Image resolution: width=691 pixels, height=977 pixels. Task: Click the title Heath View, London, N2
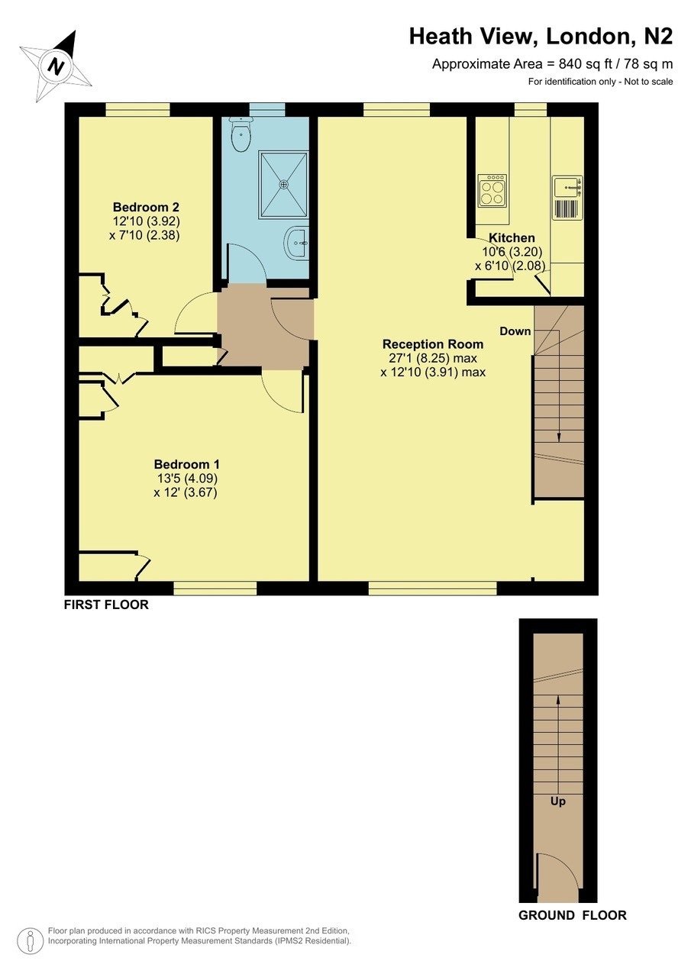point(541,36)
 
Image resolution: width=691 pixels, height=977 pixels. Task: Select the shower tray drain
point(284,183)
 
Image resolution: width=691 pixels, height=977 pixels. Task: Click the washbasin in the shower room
point(297,244)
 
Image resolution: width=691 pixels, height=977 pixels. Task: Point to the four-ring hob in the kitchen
point(491,190)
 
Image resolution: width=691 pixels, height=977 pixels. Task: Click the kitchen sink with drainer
point(567,197)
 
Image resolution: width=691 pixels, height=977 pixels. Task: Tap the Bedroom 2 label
point(146,207)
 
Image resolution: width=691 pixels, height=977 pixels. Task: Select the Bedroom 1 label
point(186,464)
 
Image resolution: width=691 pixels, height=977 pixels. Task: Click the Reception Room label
point(433,343)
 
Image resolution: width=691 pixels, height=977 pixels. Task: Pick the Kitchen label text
point(512,237)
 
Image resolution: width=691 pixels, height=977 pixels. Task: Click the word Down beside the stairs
point(515,331)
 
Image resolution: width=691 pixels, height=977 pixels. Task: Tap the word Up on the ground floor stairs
point(557,801)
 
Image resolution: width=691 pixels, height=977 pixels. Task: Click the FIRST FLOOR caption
point(106,605)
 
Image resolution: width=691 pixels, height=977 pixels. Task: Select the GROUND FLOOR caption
point(573,915)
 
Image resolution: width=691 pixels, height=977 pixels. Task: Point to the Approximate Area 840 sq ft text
point(552,64)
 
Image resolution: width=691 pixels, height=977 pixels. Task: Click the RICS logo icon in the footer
point(31,941)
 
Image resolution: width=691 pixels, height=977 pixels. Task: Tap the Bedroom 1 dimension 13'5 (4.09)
point(186,479)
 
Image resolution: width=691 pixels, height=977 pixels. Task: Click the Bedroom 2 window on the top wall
point(137,110)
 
